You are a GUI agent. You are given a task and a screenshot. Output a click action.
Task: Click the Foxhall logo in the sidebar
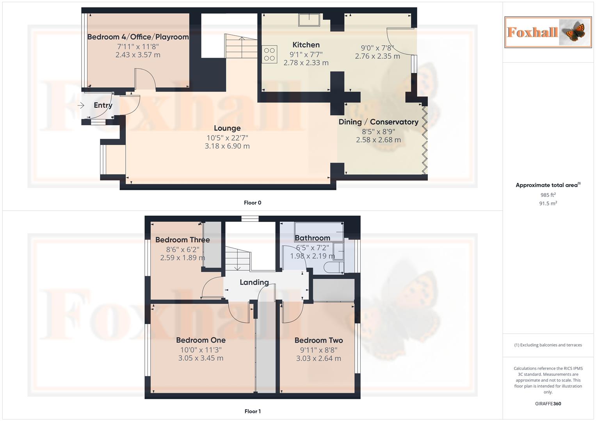tap(548, 32)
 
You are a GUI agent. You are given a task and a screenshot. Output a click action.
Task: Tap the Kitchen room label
tap(306, 45)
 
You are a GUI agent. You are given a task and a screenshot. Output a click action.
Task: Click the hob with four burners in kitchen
tap(269, 54)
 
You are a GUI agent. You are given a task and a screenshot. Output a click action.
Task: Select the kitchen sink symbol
tap(309, 19)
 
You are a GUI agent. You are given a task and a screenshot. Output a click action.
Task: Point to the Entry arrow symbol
tap(81, 105)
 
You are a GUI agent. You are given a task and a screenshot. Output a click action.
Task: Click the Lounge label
tap(227, 128)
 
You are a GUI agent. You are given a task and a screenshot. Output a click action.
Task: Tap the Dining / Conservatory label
tap(378, 122)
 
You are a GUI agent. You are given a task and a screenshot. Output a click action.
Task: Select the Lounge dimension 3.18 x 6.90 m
tap(227, 146)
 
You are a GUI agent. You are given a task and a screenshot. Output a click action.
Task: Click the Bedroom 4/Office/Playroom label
tap(138, 37)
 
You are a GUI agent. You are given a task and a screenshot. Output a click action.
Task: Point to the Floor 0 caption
tap(253, 203)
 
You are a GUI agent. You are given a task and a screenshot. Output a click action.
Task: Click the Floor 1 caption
tap(253, 411)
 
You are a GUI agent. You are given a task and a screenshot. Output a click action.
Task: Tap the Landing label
tap(254, 282)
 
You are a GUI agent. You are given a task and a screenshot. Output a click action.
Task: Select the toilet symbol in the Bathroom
tap(334, 267)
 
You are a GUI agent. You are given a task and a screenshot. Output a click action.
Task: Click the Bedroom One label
tap(201, 340)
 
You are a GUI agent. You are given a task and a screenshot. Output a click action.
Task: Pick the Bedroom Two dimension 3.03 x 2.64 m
tap(318, 359)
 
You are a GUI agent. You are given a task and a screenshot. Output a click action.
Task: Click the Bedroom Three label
tap(182, 240)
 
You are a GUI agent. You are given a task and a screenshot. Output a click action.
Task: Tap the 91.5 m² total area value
tap(548, 203)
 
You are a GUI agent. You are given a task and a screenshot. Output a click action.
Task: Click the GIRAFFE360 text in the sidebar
tap(548, 404)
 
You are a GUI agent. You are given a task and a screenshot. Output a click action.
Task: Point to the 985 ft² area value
tap(548, 195)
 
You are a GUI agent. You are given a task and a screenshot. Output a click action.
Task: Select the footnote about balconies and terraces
tap(548, 345)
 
